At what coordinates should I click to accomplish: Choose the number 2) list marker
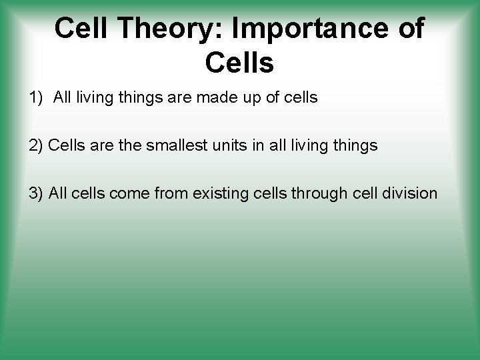tap(37, 145)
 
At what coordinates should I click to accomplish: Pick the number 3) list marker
tap(36, 193)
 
